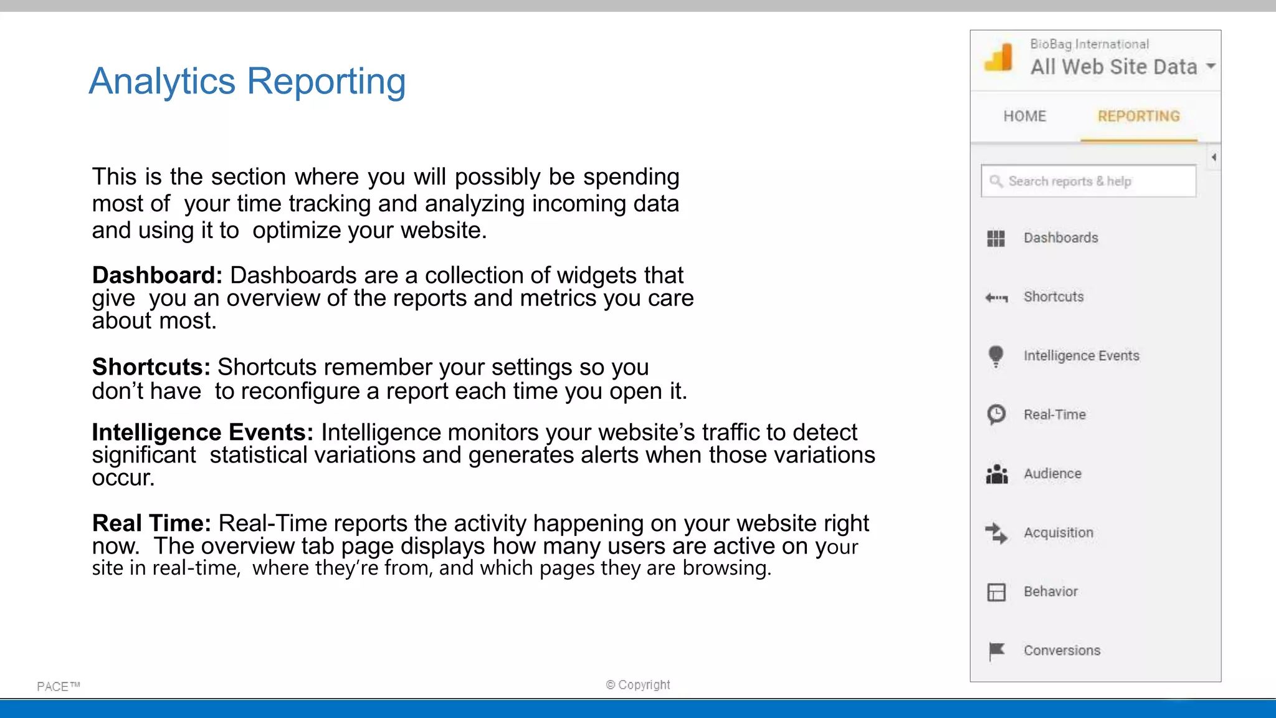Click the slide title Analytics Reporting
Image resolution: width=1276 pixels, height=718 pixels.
point(247,82)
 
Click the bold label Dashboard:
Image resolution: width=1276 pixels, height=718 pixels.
point(157,275)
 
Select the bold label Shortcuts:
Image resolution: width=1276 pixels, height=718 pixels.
point(151,367)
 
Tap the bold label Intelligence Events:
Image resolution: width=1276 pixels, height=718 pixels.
point(202,432)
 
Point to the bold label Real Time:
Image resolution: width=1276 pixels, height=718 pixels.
point(151,523)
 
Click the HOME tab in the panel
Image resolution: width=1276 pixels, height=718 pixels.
point(1024,117)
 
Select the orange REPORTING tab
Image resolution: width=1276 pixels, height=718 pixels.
point(1138,117)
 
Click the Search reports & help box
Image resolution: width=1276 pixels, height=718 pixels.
point(1088,181)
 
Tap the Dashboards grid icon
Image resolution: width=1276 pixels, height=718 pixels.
point(996,238)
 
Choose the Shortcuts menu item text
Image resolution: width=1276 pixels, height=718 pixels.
point(1054,297)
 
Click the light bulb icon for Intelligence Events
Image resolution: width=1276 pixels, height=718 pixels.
point(996,356)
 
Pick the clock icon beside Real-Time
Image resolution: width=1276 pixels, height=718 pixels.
point(996,414)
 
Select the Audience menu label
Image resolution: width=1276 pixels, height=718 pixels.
point(1052,474)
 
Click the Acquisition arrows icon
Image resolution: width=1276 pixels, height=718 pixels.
point(996,533)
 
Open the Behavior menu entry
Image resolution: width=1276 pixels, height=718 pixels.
point(1050,591)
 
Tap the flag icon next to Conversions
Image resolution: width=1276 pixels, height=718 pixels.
point(996,651)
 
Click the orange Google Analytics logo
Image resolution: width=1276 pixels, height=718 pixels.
point(999,57)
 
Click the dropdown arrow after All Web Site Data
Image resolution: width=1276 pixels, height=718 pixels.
point(1211,66)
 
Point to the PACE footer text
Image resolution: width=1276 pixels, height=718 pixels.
point(58,686)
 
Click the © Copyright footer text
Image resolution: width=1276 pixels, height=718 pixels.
point(638,684)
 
